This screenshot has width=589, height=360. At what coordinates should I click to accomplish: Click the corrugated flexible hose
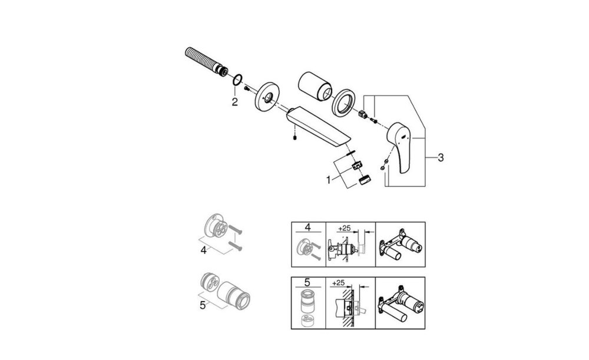click(206, 62)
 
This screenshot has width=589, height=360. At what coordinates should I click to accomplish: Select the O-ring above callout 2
click(237, 80)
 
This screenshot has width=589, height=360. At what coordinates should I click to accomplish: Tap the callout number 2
click(234, 101)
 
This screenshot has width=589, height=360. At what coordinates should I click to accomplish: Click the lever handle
click(401, 146)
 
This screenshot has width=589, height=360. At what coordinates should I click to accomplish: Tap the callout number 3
click(441, 157)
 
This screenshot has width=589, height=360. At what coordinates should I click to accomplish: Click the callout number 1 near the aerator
click(329, 180)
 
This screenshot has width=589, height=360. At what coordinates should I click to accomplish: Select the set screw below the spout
click(295, 138)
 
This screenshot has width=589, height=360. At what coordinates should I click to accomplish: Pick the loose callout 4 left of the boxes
click(203, 250)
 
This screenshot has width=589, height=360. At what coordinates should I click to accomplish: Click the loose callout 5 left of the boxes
click(203, 305)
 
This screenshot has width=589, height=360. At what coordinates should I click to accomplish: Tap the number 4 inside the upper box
click(307, 227)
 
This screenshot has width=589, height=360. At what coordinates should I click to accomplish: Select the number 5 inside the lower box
click(307, 283)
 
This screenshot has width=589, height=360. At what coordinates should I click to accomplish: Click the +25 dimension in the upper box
click(344, 228)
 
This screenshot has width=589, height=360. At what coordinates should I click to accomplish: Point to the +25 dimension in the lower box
click(339, 283)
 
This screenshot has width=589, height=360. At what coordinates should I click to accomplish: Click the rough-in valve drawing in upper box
click(401, 245)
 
